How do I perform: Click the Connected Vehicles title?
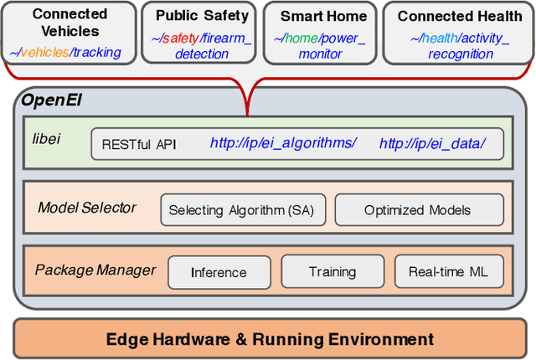(70, 23)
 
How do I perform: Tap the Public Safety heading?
(202, 15)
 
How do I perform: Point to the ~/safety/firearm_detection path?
(201, 46)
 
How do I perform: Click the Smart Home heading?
(323, 16)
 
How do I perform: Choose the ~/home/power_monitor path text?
(322, 46)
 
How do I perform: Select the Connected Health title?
(459, 16)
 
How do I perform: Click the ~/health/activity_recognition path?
(459, 46)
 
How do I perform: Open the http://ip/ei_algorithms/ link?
(282, 143)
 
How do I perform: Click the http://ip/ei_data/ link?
(431, 143)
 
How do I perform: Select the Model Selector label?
(86, 207)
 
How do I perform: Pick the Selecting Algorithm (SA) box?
(241, 210)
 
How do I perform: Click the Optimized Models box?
(417, 210)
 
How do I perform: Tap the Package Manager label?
(95, 270)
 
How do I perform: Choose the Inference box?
(219, 272)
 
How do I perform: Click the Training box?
(332, 271)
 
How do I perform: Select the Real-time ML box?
(448, 271)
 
